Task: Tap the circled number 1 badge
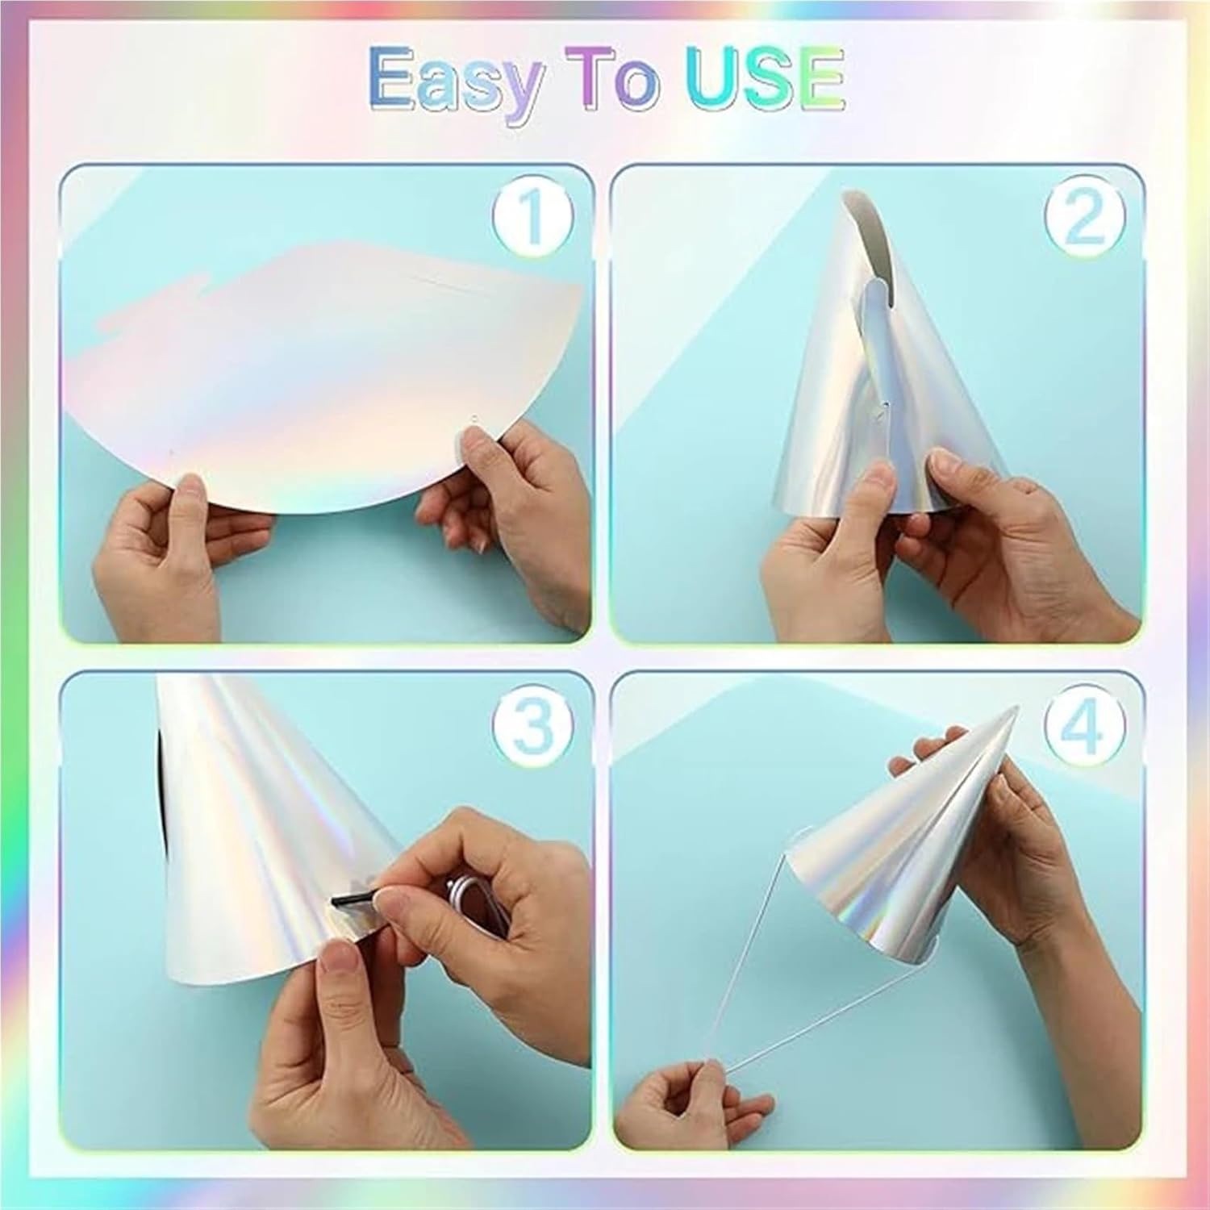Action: (533, 216)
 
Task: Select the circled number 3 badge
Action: (535, 724)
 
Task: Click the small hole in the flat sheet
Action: (475, 419)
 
